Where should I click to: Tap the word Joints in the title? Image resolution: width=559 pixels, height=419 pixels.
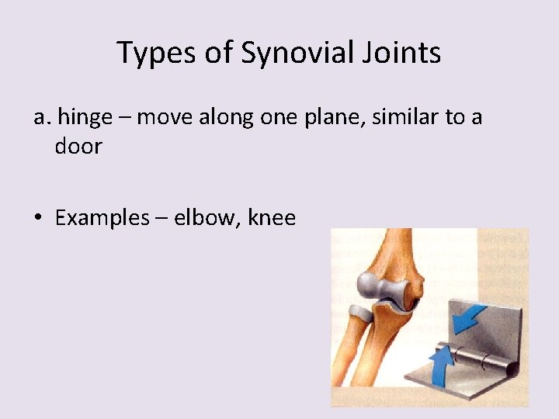tap(403, 53)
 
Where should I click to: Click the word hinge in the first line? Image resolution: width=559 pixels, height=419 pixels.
tap(86, 117)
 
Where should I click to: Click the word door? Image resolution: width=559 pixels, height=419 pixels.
tap(78, 147)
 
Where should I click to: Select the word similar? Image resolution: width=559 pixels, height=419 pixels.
tap(412, 117)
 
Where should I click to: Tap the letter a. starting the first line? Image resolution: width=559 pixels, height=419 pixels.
tap(42, 117)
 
